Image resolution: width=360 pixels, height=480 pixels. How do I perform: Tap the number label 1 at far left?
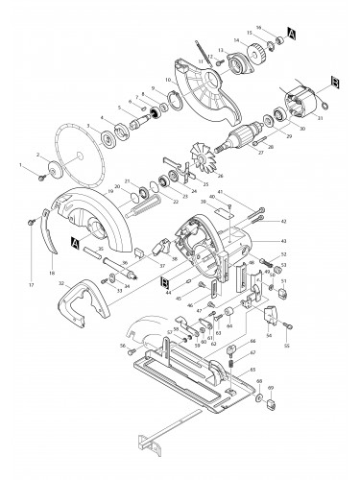click(x=20, y=166)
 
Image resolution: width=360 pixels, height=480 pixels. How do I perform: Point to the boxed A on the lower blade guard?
click(x=73, y=245)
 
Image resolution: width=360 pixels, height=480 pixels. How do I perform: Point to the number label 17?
click(x=31, y=286)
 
